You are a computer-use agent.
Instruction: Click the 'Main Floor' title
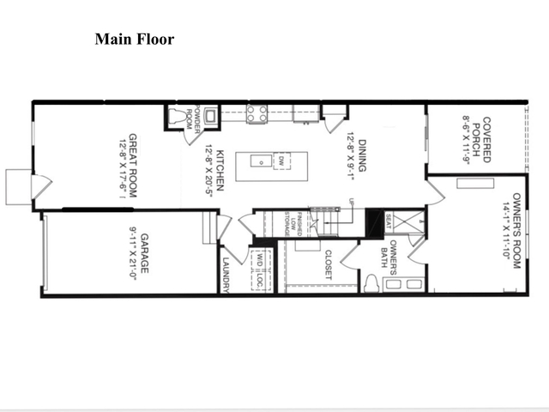[134, 39]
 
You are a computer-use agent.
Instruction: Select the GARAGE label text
[146, 252]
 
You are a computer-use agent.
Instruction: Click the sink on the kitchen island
[256, 160]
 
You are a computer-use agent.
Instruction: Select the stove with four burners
[256, 113]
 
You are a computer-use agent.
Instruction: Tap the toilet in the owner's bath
[371, 283]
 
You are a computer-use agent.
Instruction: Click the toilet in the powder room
[178, 118]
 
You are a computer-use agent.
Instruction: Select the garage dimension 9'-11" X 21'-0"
[133, 252]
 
